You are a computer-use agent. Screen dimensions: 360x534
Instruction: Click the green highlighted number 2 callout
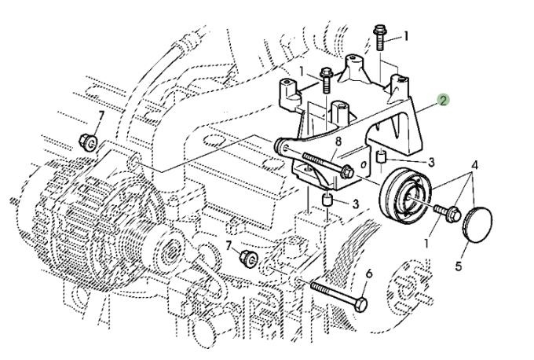point(444,100)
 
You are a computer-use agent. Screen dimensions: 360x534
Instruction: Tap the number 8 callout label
point(338,141)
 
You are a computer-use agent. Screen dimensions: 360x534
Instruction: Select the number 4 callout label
point(475,166)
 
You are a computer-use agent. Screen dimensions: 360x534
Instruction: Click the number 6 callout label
point(369,274)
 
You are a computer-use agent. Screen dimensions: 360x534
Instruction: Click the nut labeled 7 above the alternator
point(89,143)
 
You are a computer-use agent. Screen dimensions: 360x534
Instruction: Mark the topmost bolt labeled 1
point(381,36)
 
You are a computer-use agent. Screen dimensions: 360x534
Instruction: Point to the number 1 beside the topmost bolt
point(407,35)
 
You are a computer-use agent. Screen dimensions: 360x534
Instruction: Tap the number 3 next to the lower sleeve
point(356,204)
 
